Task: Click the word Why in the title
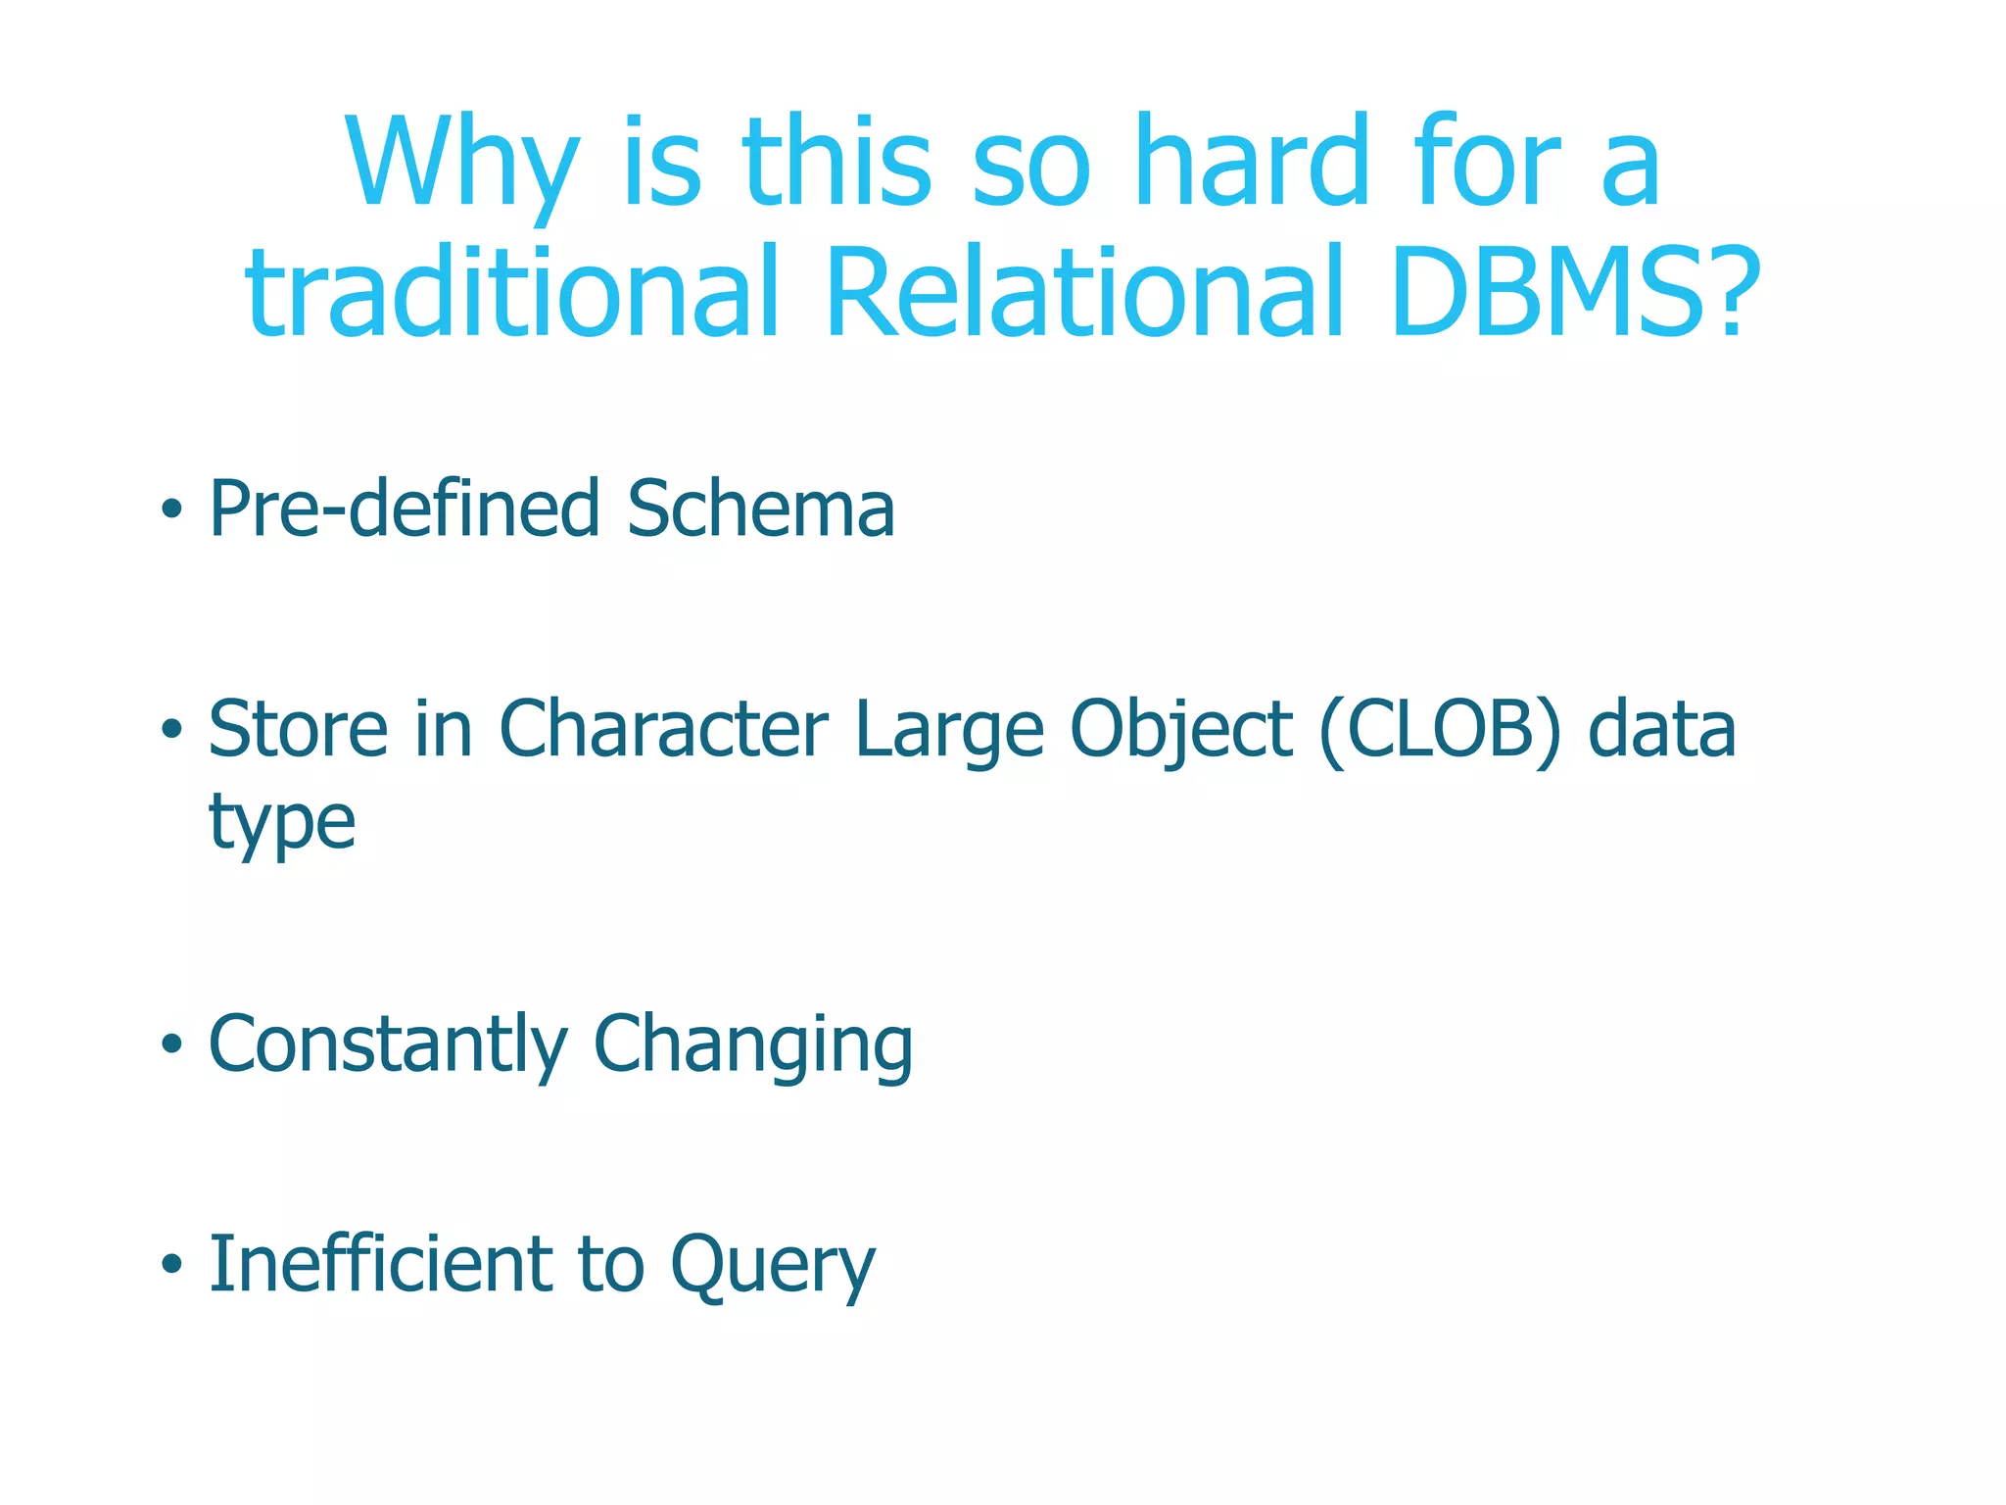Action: coord(460,164)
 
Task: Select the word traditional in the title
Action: coord(511,293)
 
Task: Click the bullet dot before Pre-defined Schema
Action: coord(172,510)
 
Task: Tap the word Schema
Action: coord(760,510)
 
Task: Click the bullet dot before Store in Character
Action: coord(172,729)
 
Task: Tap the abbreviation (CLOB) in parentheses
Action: coord(1439,731)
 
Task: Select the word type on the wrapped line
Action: coord(282,823)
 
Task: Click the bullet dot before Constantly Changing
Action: coord(172,1044)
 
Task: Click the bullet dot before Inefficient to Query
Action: coord(172,1264)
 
